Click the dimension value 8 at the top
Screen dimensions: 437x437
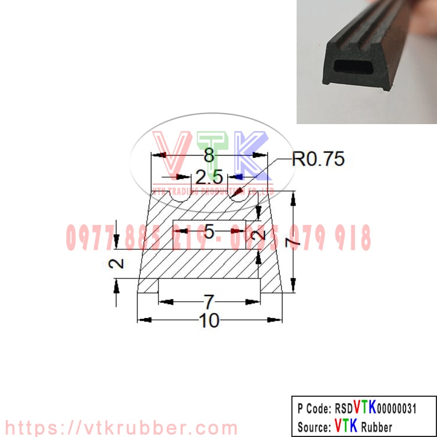209,156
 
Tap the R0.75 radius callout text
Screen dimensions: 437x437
318,159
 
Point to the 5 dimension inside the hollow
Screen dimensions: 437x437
210,231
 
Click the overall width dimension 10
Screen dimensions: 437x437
210,320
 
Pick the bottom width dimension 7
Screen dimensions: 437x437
209,301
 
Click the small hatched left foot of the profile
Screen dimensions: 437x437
148,286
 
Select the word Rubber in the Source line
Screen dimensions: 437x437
376,426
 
